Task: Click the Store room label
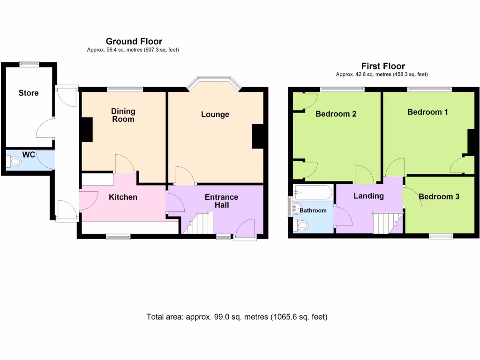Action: coord(29,93)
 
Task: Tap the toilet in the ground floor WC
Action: coord(15,162)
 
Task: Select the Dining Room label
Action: coord(123,115)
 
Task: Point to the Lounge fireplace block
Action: coord(257,136)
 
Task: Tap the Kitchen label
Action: coord(123,197)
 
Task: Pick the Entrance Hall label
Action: coord(221,201)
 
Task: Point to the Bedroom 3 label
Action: coord(439,196)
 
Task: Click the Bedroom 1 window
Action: coord(429,88)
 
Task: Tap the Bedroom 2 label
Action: coord(336,113)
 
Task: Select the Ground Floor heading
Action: coord(134,41)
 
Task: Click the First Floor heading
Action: coord(382,66)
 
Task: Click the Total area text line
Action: coord(237,317)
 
